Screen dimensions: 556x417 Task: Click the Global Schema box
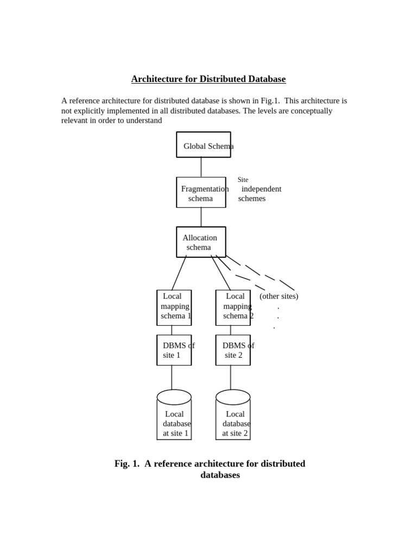point(204,145)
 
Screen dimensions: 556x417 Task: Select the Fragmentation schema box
point(201,193)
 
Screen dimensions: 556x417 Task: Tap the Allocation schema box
point(201,242)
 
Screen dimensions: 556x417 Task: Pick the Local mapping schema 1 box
point(174,308)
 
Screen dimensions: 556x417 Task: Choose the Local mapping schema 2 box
point(233,308)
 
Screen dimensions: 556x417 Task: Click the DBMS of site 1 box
point(174,350)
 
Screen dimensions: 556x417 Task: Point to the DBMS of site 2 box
point(233,350)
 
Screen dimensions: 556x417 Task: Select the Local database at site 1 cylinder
point(174,418)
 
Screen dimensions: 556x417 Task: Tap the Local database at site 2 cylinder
point(233,418)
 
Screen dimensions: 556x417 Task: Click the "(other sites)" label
point(279,296)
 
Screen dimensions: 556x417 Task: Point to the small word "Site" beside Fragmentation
point(243,180)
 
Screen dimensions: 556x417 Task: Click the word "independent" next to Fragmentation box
point(261,189)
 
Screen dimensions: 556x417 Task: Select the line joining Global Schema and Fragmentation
point(201,167)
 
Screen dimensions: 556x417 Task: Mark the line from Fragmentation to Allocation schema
point(201,217)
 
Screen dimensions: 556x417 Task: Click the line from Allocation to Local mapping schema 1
point(179,273)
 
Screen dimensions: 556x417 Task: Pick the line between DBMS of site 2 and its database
point(231,377)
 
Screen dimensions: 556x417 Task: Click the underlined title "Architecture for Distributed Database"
point(208,79)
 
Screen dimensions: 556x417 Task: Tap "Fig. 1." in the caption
point(127,464)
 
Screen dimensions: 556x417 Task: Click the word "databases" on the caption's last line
point(220,475)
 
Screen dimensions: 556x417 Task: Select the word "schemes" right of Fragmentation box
point(252,199)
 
